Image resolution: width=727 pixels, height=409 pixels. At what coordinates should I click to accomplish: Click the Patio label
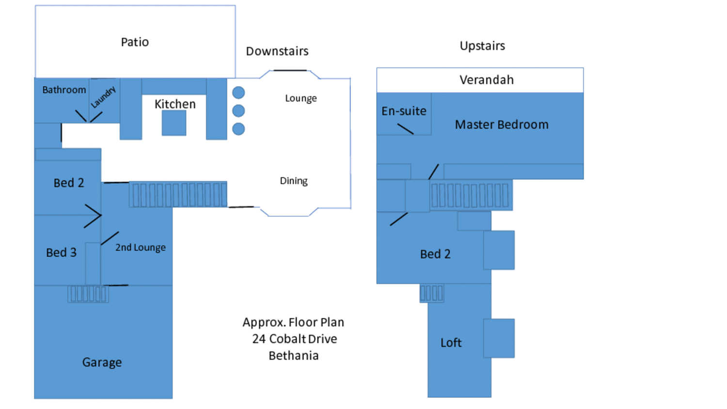[135, 42]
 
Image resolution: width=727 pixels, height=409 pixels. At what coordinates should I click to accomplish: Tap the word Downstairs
[277, 51]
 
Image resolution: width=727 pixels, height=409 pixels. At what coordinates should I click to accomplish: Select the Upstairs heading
[482, 46]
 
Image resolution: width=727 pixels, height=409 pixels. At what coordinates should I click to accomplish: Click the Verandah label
[487, 80]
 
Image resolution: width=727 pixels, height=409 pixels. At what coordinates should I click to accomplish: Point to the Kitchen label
[175, 104]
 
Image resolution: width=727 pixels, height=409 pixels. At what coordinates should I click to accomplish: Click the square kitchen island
[174, 123]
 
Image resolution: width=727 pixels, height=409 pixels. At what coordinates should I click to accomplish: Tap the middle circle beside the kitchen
[238, 110]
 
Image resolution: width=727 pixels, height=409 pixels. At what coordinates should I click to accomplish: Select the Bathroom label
[64, 90]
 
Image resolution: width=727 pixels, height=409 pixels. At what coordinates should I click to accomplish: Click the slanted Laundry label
[103, 97]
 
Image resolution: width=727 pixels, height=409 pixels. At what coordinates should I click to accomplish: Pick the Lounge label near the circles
[301, 98]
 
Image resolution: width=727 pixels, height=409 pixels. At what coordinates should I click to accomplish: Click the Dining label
[294, 181]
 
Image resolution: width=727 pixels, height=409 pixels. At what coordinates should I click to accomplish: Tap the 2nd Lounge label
[141, 247]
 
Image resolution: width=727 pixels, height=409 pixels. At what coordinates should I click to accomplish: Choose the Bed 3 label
[62, 252]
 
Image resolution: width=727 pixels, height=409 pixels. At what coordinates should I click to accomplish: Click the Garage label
[102, 362]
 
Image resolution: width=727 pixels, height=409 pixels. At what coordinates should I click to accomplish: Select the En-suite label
[404, 111]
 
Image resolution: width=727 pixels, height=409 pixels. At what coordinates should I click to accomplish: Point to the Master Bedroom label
[502, 125]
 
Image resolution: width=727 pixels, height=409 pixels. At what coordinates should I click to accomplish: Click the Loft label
[451, 343]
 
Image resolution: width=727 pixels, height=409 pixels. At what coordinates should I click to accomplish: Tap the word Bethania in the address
[294, 356]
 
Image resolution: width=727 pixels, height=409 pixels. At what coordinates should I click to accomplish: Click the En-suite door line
[405, 129]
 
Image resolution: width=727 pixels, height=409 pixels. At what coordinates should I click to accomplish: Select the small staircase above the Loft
[432, 293]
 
